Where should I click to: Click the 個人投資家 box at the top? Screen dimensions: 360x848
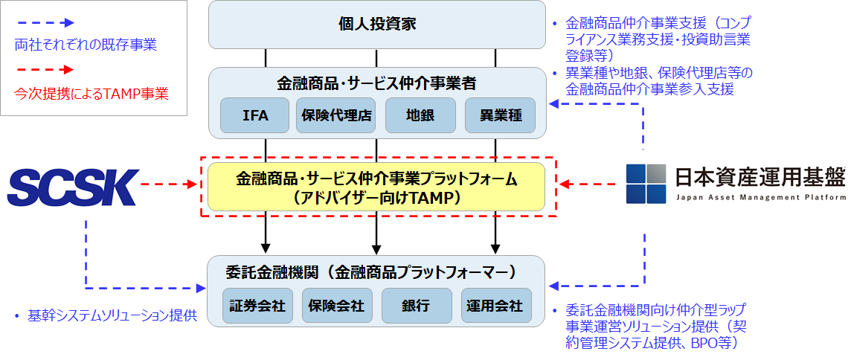pyautogui.click(x=376, y=24)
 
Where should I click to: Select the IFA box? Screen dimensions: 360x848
pyautogui.click(x=255, y=116)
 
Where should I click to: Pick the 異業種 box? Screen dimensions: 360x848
pyautogui.click(x=500, y=116)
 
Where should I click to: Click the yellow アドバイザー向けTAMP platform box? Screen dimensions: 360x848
pyautogui.click(x=376, y=187)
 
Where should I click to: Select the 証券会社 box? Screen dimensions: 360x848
pyautogui.click(x=257, y=306)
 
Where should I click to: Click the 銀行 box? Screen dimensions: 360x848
pyautogui.click(x=417, y=306)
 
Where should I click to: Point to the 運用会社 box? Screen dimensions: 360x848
pyautogui.click(x=496, y=306)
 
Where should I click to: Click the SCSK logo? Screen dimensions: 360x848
pyautogui.click(x=74, y=187)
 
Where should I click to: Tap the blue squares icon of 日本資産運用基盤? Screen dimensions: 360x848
pyautogui.click(x=646, y=183)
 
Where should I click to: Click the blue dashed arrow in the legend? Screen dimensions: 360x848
pyautogui.click(x=45, y=22)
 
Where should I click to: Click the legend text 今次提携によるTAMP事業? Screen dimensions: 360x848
pyautogui.click(x=91, y=94)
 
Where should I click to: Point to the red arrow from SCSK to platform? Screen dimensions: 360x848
pyautogui.click(x=170, y=184)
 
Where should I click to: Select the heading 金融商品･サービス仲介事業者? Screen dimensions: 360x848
pyautogui.click(x=376, y=83)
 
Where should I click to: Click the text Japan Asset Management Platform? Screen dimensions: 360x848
pyautogui.click(x=761, y=198)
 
